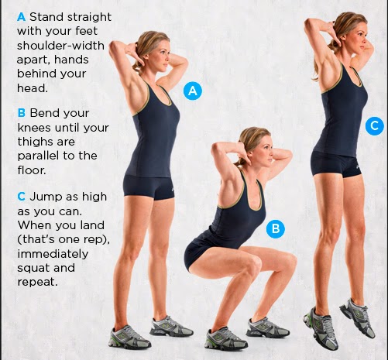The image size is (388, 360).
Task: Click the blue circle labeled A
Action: [193, 91]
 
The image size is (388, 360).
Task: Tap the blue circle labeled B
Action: [276, 228]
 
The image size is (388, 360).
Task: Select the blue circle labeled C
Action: [375, 126]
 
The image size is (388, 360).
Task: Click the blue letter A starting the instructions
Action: [21, 17]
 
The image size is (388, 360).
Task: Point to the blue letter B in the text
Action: [22, 113]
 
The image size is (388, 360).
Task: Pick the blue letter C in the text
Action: [22, 197]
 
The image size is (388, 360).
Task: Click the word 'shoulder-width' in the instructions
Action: [60, 46]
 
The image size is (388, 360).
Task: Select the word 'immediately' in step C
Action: [53, 254]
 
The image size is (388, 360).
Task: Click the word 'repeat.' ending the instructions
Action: [37, 282]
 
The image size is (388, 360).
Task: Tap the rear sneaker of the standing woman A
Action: [129, 338]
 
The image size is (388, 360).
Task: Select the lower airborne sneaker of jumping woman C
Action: [321, 327]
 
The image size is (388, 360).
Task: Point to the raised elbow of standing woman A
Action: [113, 47]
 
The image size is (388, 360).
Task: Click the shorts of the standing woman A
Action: [148, 187]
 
